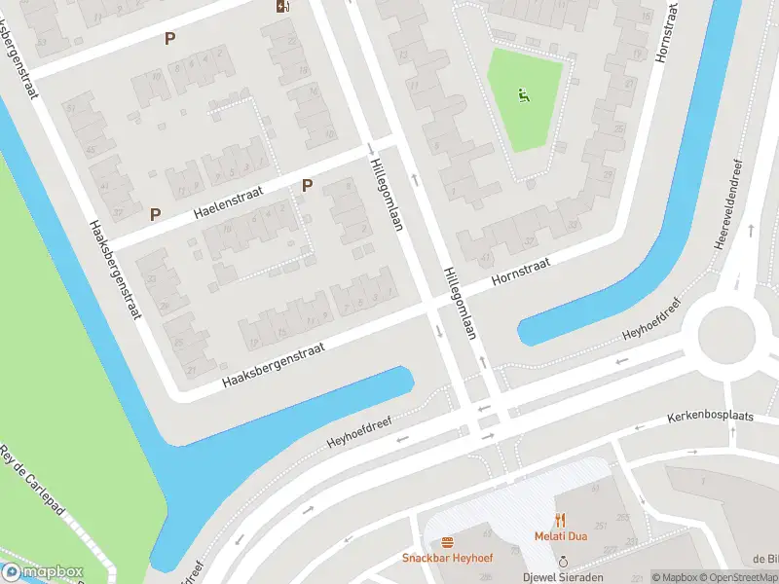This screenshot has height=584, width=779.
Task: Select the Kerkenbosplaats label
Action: click(x=711, y=416)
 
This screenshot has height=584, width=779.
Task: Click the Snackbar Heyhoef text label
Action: click(x=448, y=558)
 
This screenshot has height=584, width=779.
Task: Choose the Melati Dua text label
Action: click(x=559, y=535)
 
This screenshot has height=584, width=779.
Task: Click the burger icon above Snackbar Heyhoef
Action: click(x=448, y=541)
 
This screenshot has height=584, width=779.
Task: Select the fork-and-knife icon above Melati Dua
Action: click(x=559, y=519)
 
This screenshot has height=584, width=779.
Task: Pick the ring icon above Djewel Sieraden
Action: click(x=563, y=562)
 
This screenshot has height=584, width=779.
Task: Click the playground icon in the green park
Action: click(x=524, y=95)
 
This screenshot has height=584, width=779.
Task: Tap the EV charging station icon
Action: click(x=282, y=7)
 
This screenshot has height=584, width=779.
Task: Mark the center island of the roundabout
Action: click(x=724, y=333)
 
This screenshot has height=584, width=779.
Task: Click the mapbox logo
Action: click(x=43, y=572)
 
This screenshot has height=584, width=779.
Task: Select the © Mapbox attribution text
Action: click(x=673, y=577)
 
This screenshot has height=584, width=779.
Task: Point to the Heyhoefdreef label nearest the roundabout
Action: click(x=652, y=325)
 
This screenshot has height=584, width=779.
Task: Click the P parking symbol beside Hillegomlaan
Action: click(x=307, y=185)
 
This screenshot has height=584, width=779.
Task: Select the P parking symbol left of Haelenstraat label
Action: click(x=155, y=213)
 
